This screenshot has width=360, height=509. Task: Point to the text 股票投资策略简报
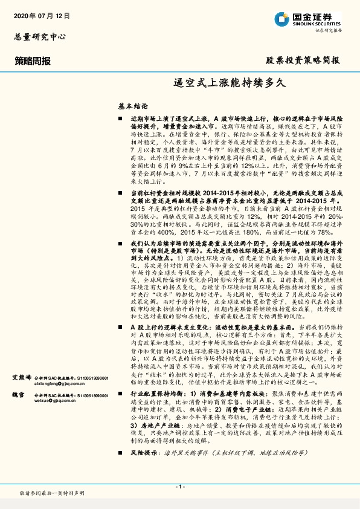[x=303, y=60]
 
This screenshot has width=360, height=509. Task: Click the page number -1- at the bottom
[x=180, y=486]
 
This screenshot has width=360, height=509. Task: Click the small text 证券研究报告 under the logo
[x=329, y=30]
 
